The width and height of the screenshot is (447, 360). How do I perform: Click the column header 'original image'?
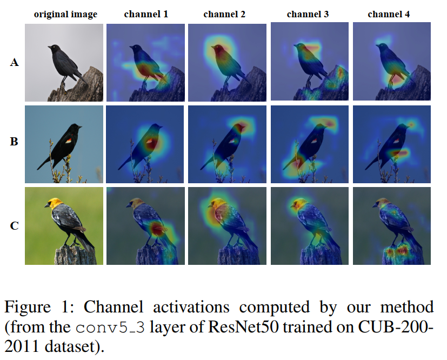[x=65, y=14]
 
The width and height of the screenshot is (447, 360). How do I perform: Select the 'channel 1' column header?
[x=146, y=14]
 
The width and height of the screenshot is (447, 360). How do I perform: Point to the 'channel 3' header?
[x=308, y=14]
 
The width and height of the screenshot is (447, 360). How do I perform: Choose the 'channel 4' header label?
[x=389, y=14]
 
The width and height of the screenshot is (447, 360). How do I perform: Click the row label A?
[x=15, y=63]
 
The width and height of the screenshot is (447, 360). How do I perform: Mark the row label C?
[x=15, y=225]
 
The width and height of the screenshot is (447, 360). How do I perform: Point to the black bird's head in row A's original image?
[x=54, y=49]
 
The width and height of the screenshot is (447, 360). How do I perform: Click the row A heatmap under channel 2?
[x=227, y=62]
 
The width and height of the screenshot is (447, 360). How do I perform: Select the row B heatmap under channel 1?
[x=146, y=144]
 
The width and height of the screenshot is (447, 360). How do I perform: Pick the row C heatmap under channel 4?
[x=392, y=225]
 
